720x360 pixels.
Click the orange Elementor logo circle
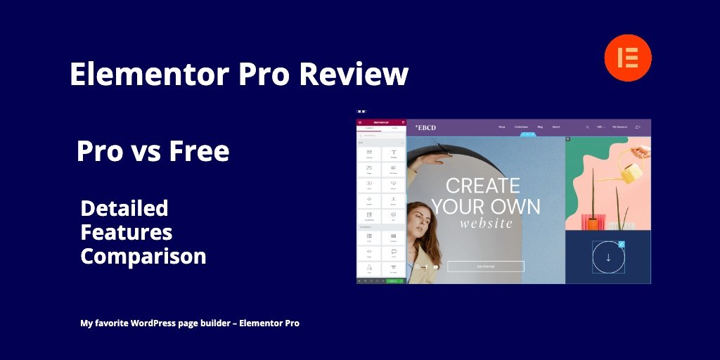click(x=628, y=58)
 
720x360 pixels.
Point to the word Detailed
click(x=124, y=208)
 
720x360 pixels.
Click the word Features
click(x=127, y=232)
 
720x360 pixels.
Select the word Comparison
click(x=143, y=256)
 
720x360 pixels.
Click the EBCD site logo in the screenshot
click(x=425, y=127)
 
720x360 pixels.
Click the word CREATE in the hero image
click(x=483, y=186)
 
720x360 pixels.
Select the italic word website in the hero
click(x=486, y=224)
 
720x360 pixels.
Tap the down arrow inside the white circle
click(x=608, y=257)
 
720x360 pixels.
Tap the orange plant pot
click(x=593, y=224)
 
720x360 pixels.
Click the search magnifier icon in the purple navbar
click(x=588, y=127)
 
